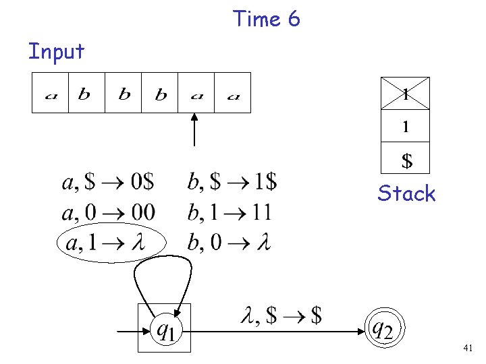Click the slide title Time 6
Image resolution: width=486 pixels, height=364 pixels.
point(267,19)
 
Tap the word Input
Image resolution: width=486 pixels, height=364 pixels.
point(56,51)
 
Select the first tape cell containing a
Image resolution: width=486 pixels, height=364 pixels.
point(51,93)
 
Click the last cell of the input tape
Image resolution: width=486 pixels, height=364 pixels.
point(233,93)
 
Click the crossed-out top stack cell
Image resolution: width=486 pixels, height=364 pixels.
point(405,94)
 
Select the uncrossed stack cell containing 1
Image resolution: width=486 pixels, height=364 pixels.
point(405,126)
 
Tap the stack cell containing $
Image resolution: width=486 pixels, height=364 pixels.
point(405,160)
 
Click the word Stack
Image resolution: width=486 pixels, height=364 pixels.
point(406,194)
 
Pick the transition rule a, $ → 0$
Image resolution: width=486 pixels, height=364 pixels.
point(108,182)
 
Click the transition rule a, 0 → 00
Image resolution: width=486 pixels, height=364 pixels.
point(108,212)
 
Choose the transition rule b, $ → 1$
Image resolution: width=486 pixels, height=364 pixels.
point(232,182)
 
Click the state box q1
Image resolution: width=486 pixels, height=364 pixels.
point(164,328)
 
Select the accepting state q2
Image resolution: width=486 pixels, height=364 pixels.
point(383,328)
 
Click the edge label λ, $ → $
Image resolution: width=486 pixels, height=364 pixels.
point(281,315)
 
